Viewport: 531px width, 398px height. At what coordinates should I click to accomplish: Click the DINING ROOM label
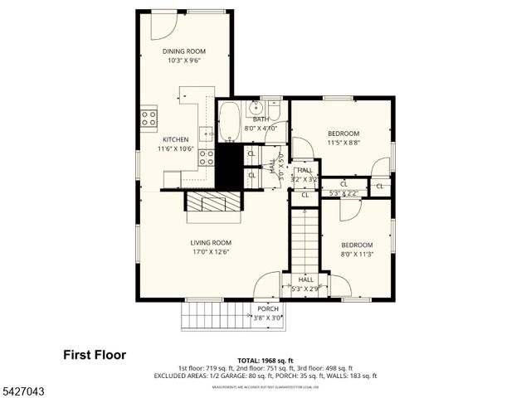click(x=184, y=51)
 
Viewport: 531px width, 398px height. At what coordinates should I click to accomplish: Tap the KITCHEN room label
click(x=175, y=139)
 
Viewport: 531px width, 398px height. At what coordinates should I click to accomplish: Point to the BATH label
click(x=261, y=119)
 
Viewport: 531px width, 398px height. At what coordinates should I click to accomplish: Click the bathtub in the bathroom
click(x=229, y=121)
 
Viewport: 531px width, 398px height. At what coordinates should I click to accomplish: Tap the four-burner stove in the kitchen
click(x=149, y=118)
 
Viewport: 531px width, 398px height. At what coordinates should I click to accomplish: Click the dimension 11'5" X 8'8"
click(x=343, y=143)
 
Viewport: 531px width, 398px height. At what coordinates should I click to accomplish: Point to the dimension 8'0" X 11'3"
click(x=357, y=255)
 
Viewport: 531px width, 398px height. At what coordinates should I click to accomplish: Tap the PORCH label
click(x=267, y=308)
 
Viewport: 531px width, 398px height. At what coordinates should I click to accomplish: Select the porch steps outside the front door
click(x=216, y=315)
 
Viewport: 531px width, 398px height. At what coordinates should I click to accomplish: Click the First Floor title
click(x=95, y=355)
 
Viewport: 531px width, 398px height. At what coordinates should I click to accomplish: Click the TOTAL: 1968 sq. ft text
click(x=265, y=358)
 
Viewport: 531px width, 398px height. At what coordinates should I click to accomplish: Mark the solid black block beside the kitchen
click(x=227, y=166)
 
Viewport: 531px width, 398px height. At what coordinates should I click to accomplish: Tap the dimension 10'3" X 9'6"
click(x=184, y=61)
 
